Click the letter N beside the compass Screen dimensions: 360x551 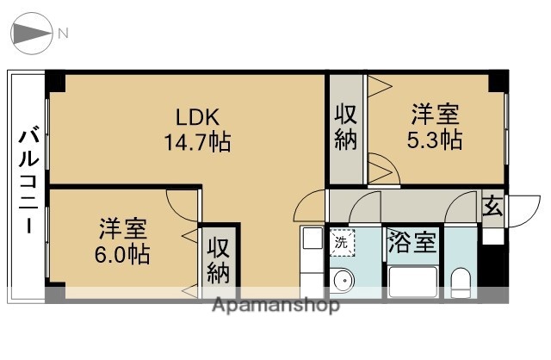pyautogui.click(x=64, y=34)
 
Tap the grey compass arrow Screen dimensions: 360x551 pyautogui.click(x=29, y=34)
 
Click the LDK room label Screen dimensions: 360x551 pyautogui.click(x=199, y=116)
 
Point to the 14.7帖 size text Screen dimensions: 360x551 pyautogui.click(x=197, y=141)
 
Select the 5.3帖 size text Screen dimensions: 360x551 pyautogui.click(x=434, y=139)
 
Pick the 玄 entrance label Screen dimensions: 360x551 pyautogui.click(x=492, y=207)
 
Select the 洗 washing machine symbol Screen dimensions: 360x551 pyautogui.click(x=342, y=243)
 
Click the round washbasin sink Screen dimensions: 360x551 pyautogui.click(x=342, y=279)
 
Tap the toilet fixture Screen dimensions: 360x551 pyautogui.click(x=461, y=281)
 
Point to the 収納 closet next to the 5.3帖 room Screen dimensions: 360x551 pyautogui.click(x=346, y=128)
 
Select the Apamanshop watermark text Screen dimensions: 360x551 pyautogui.click(x=275, y=305)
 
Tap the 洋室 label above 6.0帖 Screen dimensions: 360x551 pyautogui.click(x=122, y=229)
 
